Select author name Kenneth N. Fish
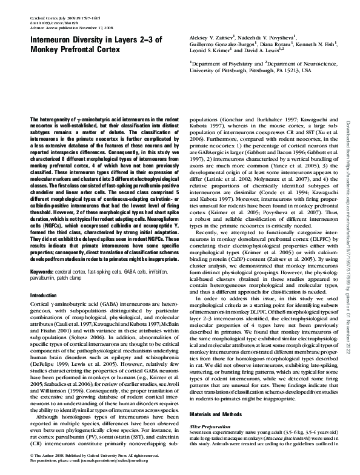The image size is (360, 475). click(328, 44)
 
